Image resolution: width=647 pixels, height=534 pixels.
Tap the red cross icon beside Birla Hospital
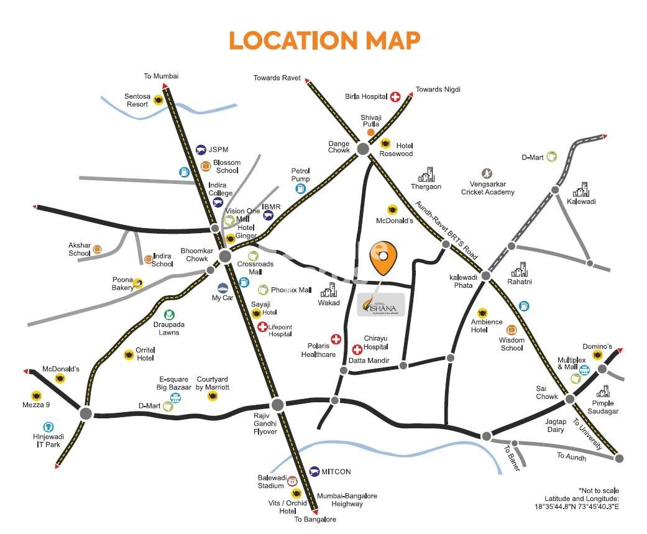(395, 96)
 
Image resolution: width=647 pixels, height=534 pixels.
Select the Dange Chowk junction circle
(362, 149)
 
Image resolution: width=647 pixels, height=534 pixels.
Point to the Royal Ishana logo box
(381, 304)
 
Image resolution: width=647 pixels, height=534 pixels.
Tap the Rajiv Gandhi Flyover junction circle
(277, 404)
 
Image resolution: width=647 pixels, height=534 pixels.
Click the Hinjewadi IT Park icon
(48, 426)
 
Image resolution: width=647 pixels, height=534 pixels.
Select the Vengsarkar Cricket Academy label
(487, 188)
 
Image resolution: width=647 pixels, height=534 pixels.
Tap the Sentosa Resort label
(136, 100)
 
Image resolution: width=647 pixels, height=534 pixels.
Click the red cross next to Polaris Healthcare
(336, 339)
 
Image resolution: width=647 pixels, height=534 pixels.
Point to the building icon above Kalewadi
(581, 190)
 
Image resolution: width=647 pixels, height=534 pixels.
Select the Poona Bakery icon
(137, 283)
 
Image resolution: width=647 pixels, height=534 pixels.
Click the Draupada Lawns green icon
(168, 315)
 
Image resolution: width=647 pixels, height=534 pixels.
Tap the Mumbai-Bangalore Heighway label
(347, 500)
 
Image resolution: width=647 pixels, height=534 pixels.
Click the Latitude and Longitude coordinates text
(581, 502)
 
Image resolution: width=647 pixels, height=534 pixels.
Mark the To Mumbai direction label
(161, 76)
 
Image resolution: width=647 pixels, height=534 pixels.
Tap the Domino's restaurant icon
(597, 355)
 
